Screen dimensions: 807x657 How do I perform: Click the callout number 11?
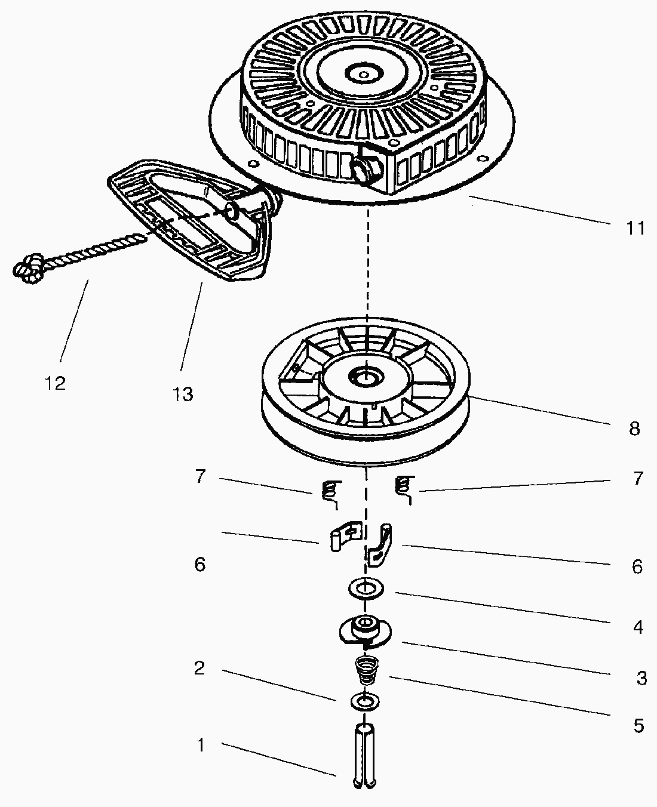pyautogui.click(x=635, y=227)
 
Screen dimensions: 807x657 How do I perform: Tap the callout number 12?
pyautogui.click(x=55, y=383)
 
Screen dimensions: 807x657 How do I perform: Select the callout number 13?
pyautogui.click(x=183, y=394)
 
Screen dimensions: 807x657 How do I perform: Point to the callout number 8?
pyautogui.click(x=634, y=429)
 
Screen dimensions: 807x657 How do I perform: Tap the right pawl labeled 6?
pyautogui.click(x=380, y=544)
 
